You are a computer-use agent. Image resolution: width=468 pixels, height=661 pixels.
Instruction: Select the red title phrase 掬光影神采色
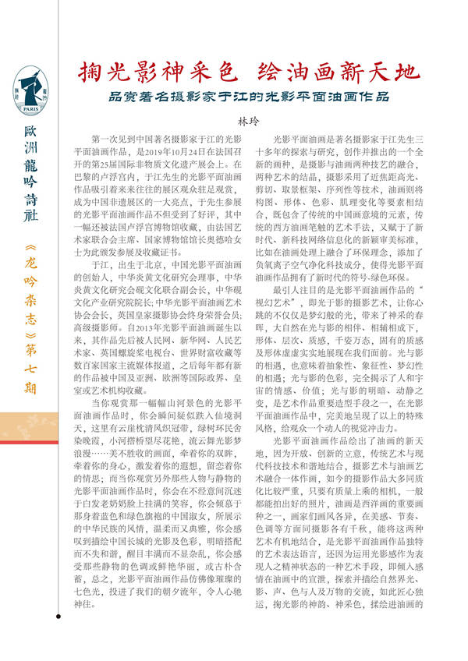156,72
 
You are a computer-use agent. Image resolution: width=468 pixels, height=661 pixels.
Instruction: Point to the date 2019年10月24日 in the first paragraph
180,154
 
